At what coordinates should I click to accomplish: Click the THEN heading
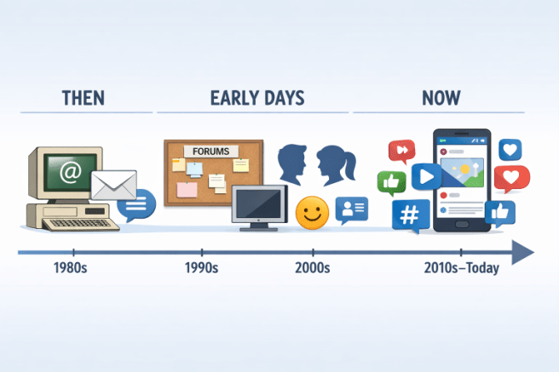tap(84, 98)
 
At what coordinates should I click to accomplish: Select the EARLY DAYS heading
tap(256, 98)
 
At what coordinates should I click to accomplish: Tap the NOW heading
tap(441, 98)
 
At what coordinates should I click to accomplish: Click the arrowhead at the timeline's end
tap(522, 253)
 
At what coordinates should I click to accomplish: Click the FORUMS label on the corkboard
tap(210, 152)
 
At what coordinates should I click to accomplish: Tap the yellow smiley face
tap(311, 213)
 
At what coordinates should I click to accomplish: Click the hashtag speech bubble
tap(411, 215)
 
